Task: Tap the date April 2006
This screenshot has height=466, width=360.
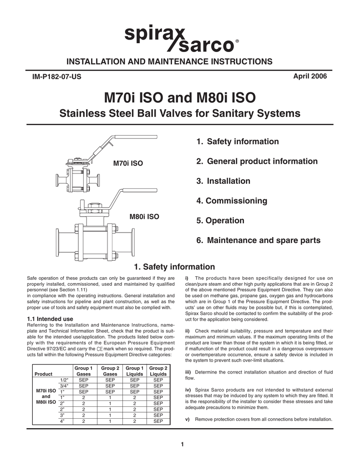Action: pyautogui.click(x=311, y=76)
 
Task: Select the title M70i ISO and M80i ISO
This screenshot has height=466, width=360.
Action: pyautogui.click(x=180, y=97)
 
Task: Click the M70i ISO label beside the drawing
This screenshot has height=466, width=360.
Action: pyautogui.click(x=128, y=163)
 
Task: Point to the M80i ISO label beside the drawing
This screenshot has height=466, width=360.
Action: pyautogui.click(x=144, y=217)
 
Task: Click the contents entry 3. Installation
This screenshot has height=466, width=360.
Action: pyautogui.click(x=223, y=181)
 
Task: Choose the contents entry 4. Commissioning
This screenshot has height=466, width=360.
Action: pyautogui.click(x=232, y=201)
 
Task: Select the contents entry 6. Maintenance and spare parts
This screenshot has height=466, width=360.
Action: pyautogui.click(x=258, y=240)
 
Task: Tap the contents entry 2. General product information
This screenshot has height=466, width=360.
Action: pyautogui.click(x=257, y=161)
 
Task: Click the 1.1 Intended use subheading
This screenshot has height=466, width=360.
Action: pyautogui.click(x=50, y=319)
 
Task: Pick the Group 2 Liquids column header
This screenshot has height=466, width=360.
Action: pyautogui.click(x=158, y=371)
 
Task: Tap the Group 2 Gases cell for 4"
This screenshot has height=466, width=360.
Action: pyautogui.click(x=110, y=421)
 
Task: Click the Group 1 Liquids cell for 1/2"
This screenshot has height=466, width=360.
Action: pyautogui.click(x=134, y=380)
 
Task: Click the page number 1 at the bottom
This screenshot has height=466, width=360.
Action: pyautogui.click(x=182, y=445)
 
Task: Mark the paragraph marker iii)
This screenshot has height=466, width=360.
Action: pyautogui.click(x=188, y=372)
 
